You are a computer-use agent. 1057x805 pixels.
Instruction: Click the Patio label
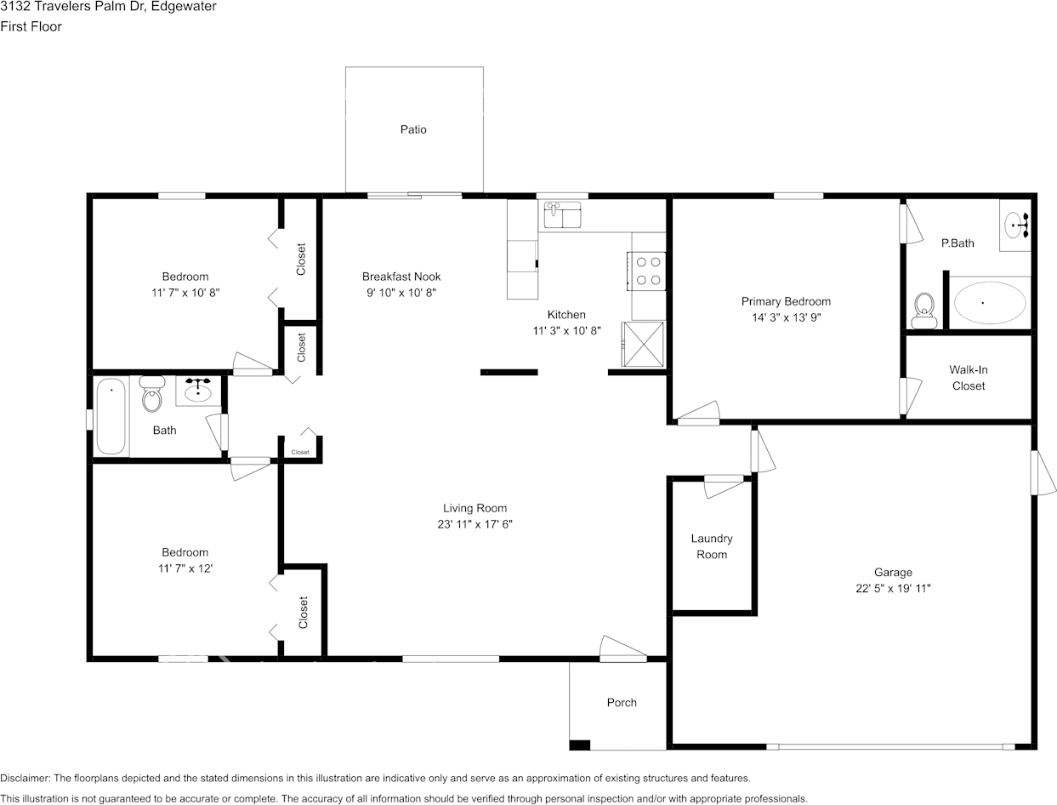413,129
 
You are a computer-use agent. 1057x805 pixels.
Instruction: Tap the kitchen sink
562,214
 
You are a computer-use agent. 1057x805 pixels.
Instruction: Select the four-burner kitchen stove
647,271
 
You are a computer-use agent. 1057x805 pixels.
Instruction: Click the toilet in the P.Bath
923,311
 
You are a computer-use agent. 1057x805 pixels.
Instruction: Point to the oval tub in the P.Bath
990,303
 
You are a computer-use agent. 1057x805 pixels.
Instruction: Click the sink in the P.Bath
1016,225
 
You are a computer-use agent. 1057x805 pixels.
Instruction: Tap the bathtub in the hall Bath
111,416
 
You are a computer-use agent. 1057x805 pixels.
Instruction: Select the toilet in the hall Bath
151,394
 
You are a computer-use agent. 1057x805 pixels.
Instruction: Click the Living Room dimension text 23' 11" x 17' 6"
475,524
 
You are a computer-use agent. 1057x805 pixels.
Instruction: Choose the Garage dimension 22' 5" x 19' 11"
893,588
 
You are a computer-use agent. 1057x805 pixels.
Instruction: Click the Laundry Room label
712,546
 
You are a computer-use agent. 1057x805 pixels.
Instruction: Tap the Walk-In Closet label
969,378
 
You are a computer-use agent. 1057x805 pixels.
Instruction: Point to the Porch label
622,702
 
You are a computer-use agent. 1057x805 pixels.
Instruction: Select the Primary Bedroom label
786,301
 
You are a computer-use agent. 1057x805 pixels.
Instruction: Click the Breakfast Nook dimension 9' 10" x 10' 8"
401,293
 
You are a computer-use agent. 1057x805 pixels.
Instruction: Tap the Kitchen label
566,315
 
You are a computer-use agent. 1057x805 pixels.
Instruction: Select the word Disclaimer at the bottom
25,778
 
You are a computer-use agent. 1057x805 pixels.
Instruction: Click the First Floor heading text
31,26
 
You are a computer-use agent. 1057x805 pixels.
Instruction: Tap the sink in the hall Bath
198,391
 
